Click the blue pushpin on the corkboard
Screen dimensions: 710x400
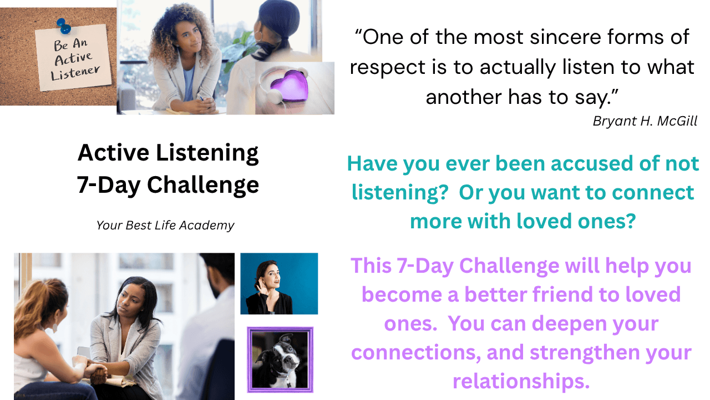pyautogui.click(x=64, y=26)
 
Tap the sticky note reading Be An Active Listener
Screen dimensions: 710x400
pyautogui.click(x=74, y=58)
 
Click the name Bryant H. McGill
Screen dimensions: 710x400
pyautogui.click(x=645, y=121)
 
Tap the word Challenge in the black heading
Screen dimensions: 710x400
pyautogui.click(x=203, y=185)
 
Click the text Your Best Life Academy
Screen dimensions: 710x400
pyautogui.click(x=165, y=226)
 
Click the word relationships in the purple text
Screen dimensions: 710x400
pyautogui.click(x=521, y=381)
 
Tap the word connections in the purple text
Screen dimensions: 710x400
pyautogui.click(x=416, y=353)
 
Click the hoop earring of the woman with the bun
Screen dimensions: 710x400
pyautogui.click(x=258, y=36)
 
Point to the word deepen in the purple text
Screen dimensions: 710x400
pyautogui.click(x=569, y=324)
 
